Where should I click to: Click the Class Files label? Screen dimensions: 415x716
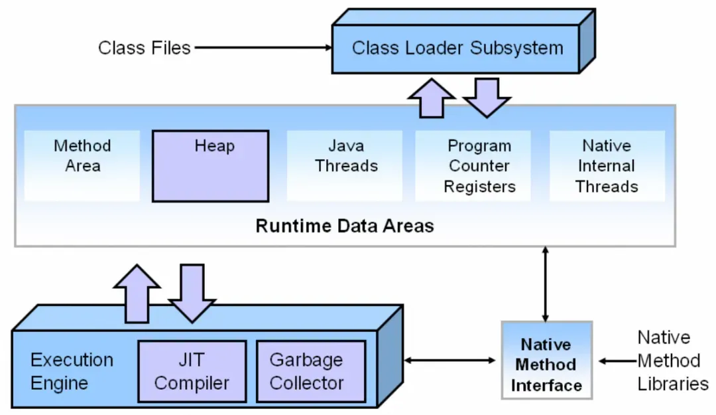(144, 48)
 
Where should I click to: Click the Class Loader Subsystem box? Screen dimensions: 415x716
(457, 48)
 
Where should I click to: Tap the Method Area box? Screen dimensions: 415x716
(82, 165)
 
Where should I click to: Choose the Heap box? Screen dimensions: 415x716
(211, 165)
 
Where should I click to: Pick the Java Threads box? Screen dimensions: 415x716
(345, 165)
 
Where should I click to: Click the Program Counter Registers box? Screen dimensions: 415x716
(479, 165)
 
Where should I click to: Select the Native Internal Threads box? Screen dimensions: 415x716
(607, 165)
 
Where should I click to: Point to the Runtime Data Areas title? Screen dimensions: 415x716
(345, 226)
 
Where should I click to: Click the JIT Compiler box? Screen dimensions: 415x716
(192, 371)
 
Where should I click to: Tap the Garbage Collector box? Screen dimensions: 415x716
(310, 371)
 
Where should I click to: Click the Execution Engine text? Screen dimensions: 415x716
(72, 371)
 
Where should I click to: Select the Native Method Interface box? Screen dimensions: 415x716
(546, 364)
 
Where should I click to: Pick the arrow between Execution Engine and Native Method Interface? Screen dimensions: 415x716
(450, 361)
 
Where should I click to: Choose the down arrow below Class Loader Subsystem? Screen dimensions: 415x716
(487, 97)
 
